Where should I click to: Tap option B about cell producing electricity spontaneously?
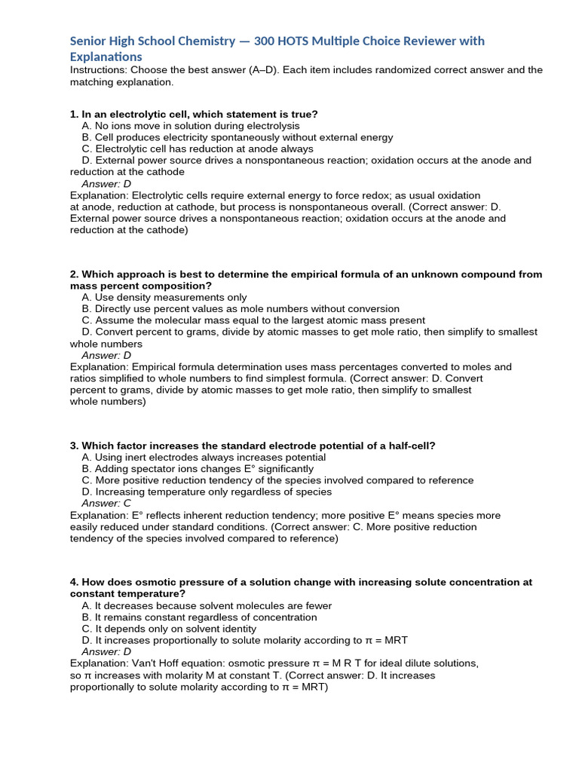237,137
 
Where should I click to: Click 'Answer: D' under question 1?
106,183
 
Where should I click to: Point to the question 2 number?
74,274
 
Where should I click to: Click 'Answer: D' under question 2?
106,355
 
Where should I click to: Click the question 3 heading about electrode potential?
253,446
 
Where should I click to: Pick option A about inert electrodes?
204,457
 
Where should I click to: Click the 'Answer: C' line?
106,503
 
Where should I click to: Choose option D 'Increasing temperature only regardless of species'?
207,492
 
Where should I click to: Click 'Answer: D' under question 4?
106,651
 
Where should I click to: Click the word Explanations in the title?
106,57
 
